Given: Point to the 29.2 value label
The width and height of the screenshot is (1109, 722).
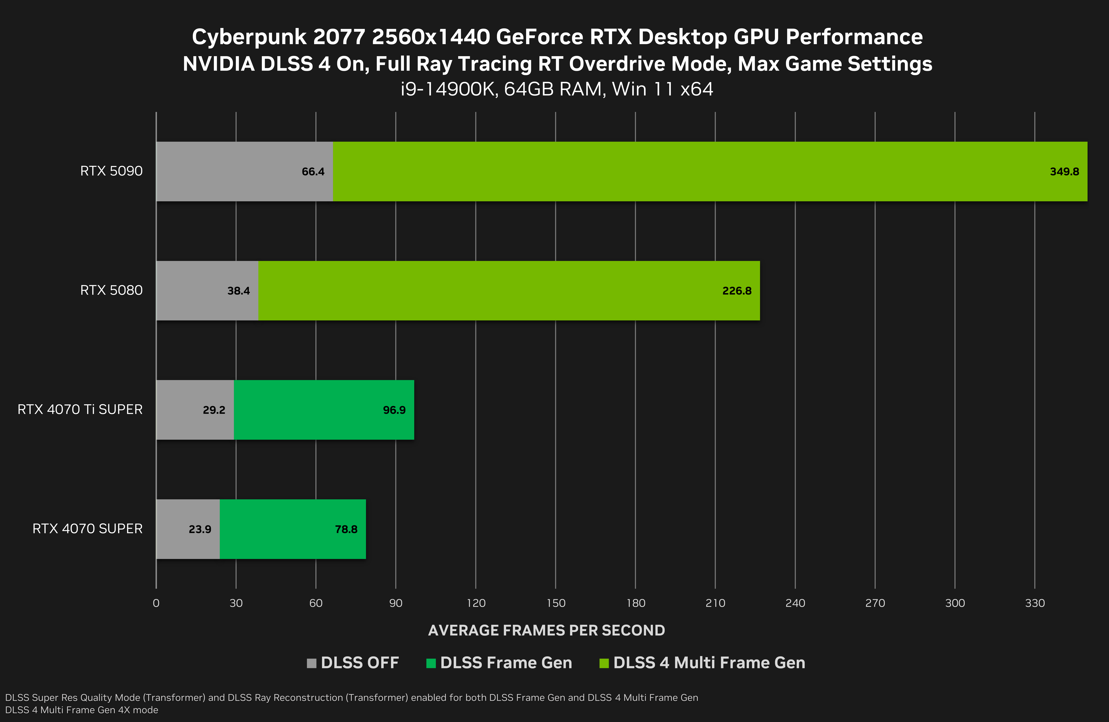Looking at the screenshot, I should tap(214, 410).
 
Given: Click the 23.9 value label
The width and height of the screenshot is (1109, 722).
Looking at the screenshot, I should tap(200, 529).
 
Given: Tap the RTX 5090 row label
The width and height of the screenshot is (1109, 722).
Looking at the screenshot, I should tap(111, 171).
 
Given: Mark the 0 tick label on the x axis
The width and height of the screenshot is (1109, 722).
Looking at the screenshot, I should tap(156, 603).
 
